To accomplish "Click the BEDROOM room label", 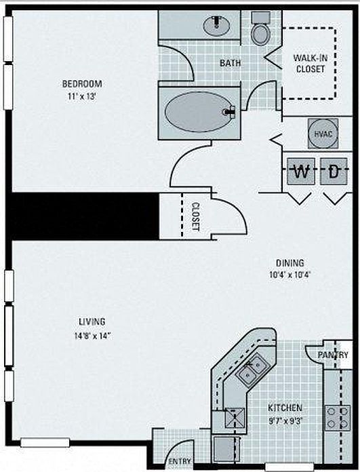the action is tap(82, 83).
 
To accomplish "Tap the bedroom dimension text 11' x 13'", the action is tap(82, 97).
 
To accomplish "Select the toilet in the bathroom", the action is tap(260, 29).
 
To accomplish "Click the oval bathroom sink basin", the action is tap(217, 26).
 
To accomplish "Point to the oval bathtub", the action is tap(198, 112).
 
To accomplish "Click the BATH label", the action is tap(231, 63).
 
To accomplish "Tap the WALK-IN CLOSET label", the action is tap(311, 63).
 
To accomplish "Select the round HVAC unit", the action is tap(323, 134).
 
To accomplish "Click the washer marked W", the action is tap(301, 172).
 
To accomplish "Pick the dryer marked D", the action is tap(334, 172).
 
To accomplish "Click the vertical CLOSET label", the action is tap(195, 216).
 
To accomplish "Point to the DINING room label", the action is tap(290, 263).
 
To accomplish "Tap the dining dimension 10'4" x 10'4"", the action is tap(290, 275).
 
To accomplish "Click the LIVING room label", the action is tap(92, 321).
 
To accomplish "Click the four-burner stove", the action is tap(338, 418).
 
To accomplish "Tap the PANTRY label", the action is tap(333, 355).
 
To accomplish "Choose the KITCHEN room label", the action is tap(285, 408).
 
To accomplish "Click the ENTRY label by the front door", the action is tap(180, 461).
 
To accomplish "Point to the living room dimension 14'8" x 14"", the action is tap(93, 335).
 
